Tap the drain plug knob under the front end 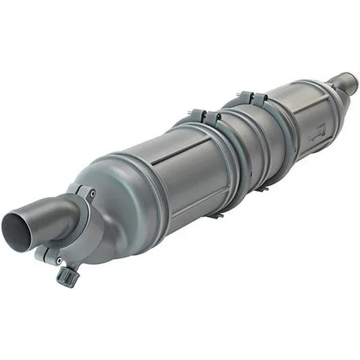(66, 276)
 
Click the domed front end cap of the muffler (116, 206)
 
